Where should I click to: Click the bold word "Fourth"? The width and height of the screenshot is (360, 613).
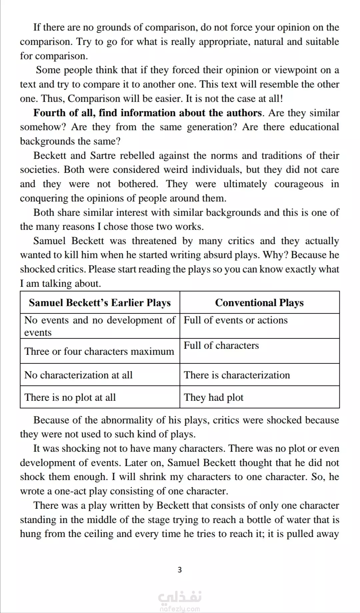[x=49, y=113]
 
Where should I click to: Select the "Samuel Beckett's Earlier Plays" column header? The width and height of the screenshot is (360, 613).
[x=100, y=303]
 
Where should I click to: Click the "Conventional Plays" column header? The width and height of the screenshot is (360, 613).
[x=259, y=303]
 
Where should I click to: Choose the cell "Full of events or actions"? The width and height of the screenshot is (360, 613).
[x=236, y=320]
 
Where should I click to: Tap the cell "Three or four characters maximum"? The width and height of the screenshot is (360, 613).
[x=99, y=351]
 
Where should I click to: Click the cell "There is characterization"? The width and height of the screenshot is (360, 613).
[x=237, y=375]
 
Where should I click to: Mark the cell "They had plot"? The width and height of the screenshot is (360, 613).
[x=214, y=397]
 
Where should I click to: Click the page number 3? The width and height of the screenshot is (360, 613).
[x=180, y=570]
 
